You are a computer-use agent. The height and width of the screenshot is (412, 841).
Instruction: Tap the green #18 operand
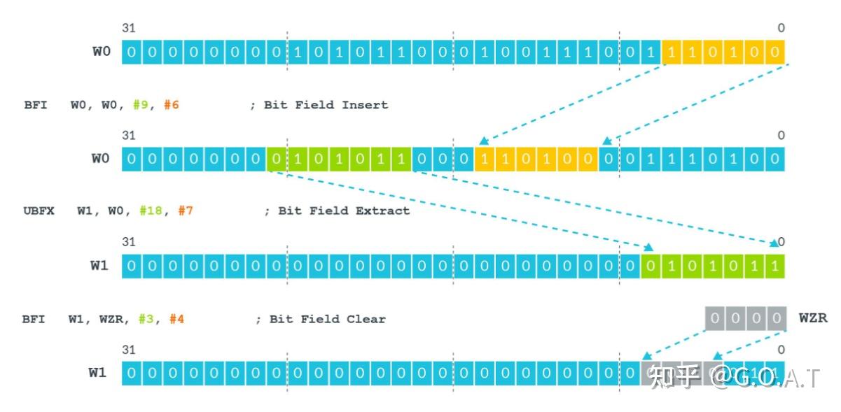[151, 211]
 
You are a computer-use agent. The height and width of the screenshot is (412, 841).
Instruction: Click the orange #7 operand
[185, 211]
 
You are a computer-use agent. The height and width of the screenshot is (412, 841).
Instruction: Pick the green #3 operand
[145, 319]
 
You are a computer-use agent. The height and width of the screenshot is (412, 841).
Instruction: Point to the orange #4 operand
[176, 319]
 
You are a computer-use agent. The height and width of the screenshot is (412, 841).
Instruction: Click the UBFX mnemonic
[39, 211]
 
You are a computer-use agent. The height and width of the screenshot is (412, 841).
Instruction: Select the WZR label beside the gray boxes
[813, 318]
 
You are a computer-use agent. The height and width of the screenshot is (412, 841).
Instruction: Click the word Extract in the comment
[384, 211]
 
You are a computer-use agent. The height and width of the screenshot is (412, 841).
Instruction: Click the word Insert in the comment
[364, 105]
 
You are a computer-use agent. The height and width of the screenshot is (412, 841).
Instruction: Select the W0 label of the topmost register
[102, 52]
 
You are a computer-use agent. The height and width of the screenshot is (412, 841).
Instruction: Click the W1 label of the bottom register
[97, 372]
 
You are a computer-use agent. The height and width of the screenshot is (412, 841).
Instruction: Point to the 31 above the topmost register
[128, 28]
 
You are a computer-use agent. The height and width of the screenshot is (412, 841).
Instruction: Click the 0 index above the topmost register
[781, 28]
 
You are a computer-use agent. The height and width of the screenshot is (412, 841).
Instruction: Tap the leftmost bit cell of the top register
[132, 52]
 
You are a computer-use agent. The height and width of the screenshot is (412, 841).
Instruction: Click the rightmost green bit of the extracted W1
[774, 266]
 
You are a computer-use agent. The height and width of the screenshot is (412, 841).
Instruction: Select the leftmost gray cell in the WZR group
[714, 319]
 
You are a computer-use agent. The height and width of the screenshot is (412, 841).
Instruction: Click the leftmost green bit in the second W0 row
[277, 159]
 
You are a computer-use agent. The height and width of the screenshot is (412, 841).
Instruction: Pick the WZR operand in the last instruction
[109, 319]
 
